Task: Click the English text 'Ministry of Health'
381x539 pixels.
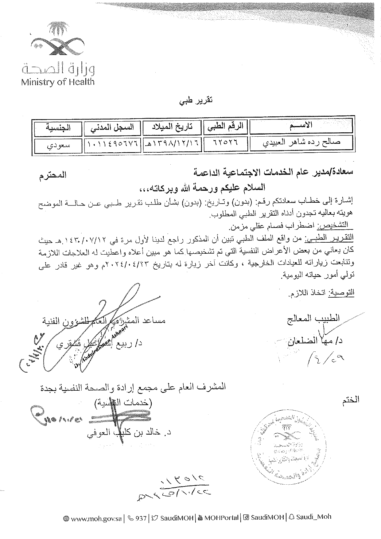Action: point(58,82)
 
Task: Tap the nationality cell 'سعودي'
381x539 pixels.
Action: point(58,145)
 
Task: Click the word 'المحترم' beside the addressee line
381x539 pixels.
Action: point(53,176)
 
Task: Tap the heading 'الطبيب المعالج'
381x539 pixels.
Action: point(313,318)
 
